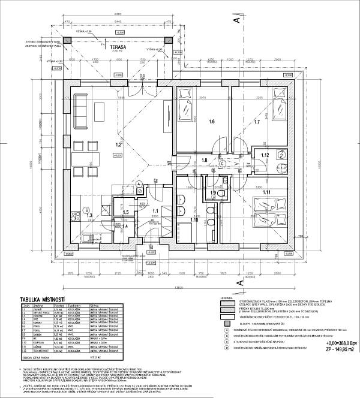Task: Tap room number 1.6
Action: coord(211,122)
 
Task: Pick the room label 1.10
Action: coord(194,219)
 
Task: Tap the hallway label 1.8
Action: coord(203,161)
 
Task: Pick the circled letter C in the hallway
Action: coord(221,161)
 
